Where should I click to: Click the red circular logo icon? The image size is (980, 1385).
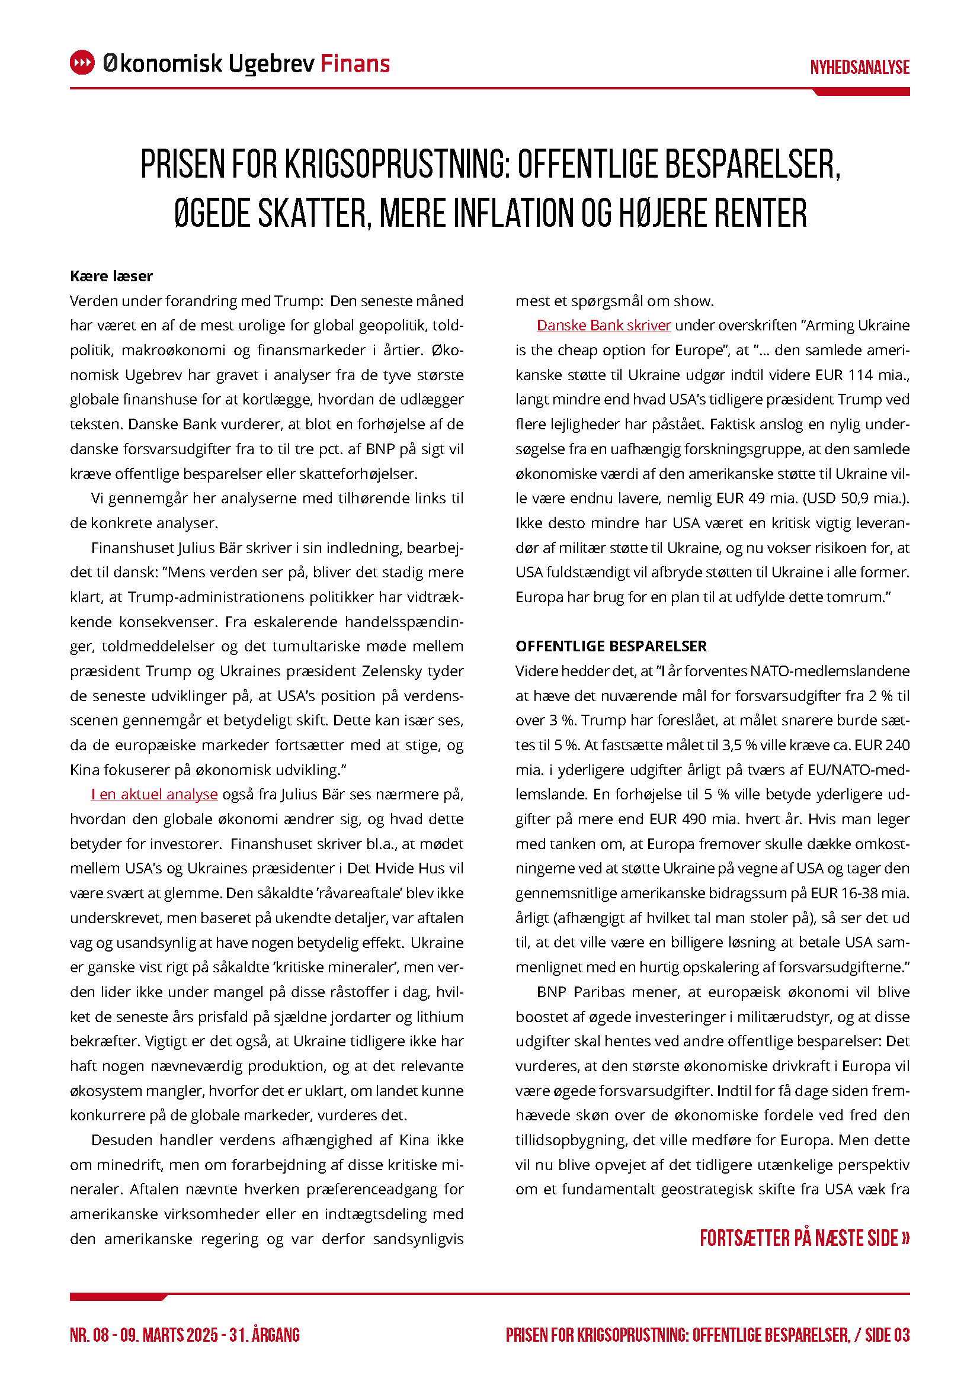[x=82, y=63]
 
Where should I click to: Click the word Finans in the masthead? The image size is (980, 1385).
[x=355, y=63]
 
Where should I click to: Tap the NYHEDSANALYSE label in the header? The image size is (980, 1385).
[x=859, y=68]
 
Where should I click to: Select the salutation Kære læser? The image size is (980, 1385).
[x=111, y=277]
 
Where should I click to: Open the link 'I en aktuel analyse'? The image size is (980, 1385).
[x=155, y=795]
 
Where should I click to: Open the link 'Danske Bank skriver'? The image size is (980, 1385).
[x=603, y=326]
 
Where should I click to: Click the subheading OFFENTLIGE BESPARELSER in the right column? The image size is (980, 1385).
[x=611, y=646]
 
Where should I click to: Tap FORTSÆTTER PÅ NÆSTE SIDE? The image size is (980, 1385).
[x=805, y=1238]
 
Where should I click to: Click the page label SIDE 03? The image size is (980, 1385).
[x=887, y=1335]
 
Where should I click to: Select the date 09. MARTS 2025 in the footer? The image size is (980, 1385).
[x=169, y=1335]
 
